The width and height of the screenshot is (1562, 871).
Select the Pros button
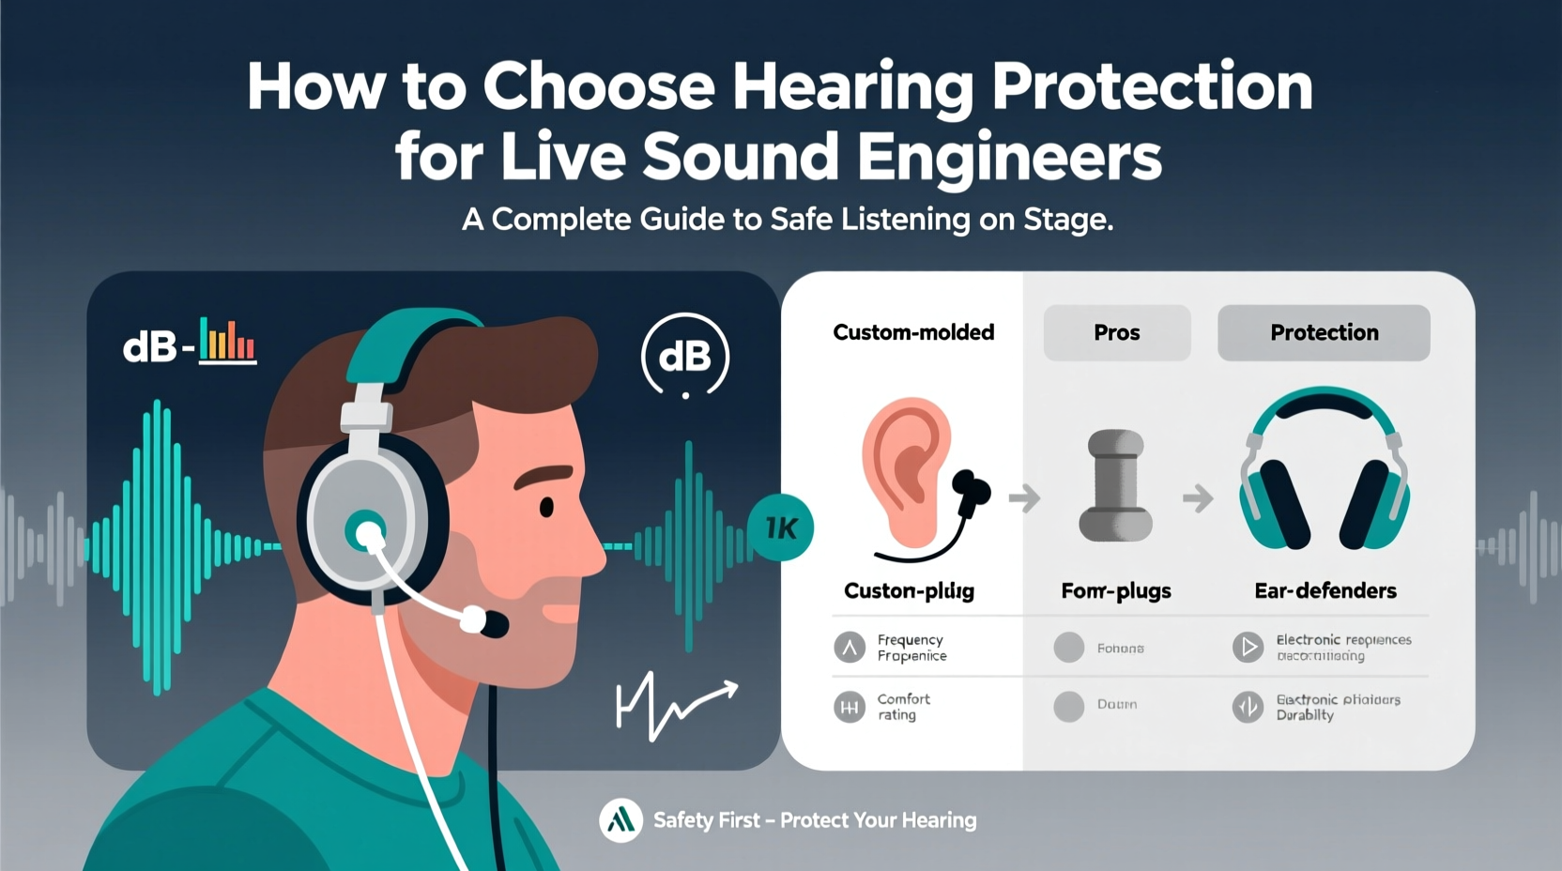[x=1116, y=332]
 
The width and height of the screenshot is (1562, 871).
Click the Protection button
[x=1324, y=332]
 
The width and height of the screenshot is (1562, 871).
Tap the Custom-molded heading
[x=913, y=332]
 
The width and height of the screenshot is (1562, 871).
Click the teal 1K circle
[x=780, y=527]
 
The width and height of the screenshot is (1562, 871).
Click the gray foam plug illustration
[x=1115, y=485]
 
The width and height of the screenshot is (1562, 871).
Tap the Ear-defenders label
[x=1325, y=590]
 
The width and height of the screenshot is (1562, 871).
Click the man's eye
[x=546, y=508]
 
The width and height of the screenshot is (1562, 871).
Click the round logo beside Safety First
[x=620, y=820]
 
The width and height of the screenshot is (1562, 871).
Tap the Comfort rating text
[x=903, y=707]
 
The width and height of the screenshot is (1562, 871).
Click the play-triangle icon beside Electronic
[x=1248, y=647]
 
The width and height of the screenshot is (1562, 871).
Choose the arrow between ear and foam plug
[x=1024, y=498]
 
